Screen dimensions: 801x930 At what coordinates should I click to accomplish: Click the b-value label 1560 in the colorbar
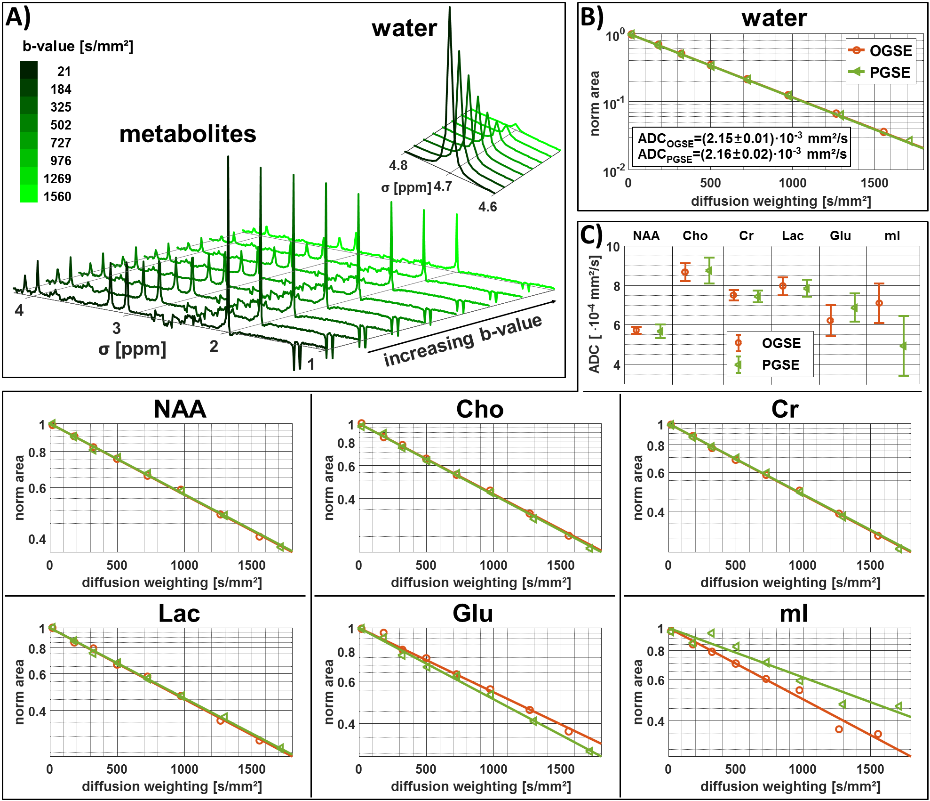coord(57,196)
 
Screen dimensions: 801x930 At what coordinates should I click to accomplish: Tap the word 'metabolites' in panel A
coord(188,134)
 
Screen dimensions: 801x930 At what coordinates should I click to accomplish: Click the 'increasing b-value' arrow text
coord(463,340)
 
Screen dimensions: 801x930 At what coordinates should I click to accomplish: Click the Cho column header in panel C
coord(695,235)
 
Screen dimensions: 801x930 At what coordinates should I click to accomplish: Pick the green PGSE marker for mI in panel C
coord(903,346)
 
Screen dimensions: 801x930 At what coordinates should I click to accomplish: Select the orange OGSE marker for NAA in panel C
coord(636,330)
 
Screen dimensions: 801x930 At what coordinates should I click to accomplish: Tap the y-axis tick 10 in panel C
coord(612,247)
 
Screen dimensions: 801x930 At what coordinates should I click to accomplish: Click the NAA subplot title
coord(180,409)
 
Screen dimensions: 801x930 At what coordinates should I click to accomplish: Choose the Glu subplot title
coord(473,614)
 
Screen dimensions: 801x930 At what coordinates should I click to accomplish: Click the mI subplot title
coord(794,614)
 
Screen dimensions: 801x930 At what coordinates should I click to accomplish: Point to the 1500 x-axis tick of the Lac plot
coord(252,769)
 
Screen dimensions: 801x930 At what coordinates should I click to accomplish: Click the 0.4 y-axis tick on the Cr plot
coord(656,512)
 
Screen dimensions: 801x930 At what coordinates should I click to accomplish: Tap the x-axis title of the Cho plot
coord(481,583)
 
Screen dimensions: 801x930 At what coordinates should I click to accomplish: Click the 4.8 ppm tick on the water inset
coord(398,165)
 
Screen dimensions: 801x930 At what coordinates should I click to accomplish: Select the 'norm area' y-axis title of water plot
coord(595,104)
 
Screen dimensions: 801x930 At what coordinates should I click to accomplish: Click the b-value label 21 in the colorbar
coord(64,71)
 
